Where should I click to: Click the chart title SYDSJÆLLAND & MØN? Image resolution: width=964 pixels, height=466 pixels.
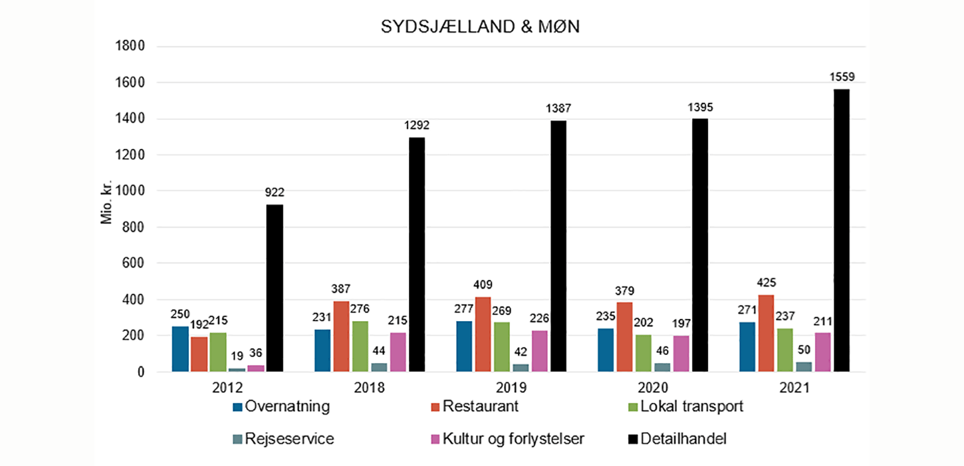(x=481, y=27)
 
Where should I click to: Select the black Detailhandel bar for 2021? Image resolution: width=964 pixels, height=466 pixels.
(x=842, y=230)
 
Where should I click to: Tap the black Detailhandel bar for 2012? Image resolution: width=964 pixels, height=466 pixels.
(x=275, y=288)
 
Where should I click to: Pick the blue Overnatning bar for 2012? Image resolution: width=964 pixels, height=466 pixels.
(x=180, y=348)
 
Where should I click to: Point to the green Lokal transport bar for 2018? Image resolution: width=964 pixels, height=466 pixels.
(x=360, y=346)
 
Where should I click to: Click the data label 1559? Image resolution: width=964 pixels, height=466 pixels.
(x=842, y=77)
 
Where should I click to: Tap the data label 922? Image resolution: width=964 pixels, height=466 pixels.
(x=275, y=193)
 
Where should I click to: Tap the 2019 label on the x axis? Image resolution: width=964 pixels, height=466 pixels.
(x=511, y=388)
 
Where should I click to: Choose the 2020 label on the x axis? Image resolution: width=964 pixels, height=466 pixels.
(x=653, y=388)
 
